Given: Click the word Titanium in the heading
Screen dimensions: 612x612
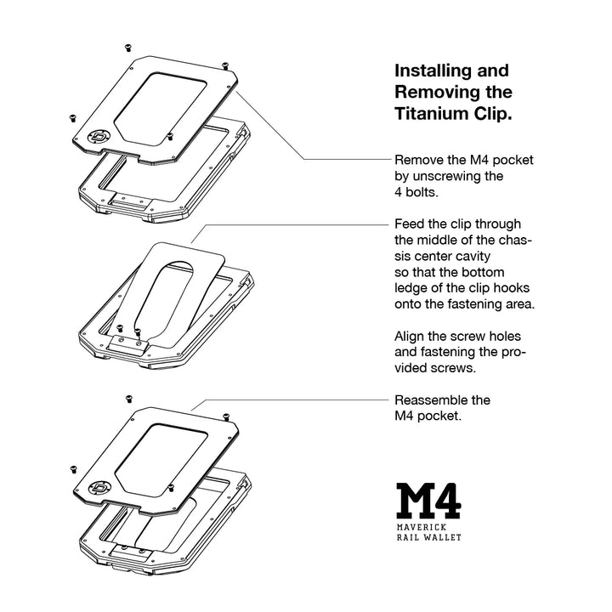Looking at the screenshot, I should (x=433, y=114).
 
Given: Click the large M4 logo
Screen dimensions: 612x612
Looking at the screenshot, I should (x=428, y=502).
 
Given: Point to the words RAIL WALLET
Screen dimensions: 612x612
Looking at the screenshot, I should (x=429, y=538).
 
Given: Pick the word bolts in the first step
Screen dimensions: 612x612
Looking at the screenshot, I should (x=422, y=193).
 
